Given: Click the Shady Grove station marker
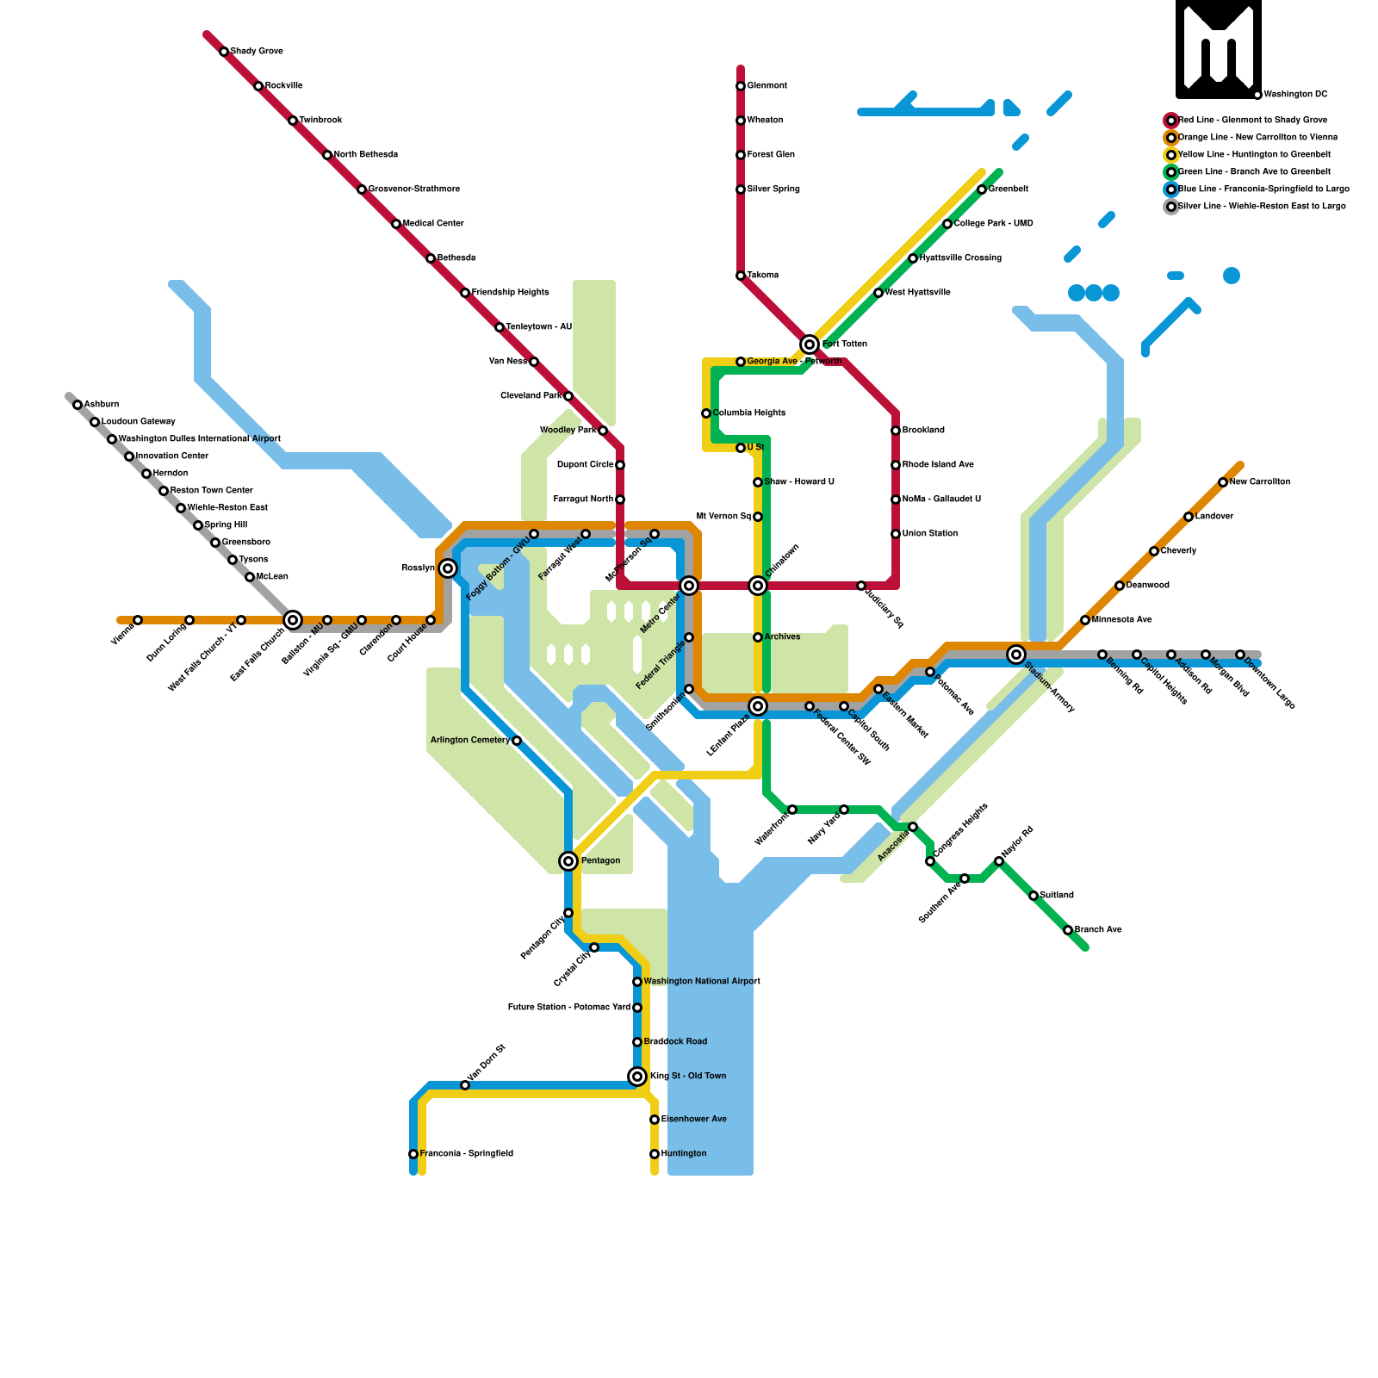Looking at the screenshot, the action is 224,52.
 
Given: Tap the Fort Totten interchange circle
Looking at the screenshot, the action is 810,344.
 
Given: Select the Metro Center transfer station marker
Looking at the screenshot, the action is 689,586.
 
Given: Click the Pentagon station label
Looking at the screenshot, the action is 600,861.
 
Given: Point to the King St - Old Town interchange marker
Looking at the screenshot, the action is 637,1077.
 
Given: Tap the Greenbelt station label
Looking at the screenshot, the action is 1008,189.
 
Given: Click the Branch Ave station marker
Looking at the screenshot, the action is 1068,930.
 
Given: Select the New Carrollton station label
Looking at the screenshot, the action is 1259,482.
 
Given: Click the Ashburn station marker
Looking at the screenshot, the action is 78,405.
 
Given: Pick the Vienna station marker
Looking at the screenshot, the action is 138,620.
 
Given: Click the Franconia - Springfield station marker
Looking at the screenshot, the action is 413,1154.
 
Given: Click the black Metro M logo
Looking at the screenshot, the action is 1219,49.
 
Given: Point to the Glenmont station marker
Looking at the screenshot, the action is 741,86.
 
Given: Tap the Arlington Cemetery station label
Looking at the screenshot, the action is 469,741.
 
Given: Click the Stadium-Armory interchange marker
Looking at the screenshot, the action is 1016,655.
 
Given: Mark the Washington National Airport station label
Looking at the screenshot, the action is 701,982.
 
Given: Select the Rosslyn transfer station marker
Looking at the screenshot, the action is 448,568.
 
